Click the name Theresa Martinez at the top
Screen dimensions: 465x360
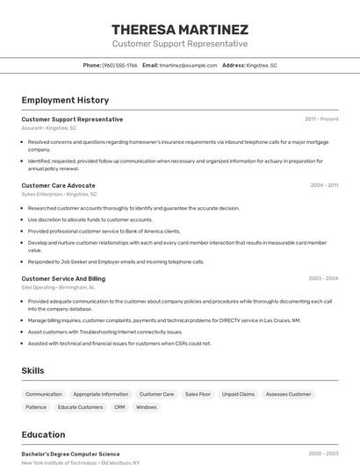180,30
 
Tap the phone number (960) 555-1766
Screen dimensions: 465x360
119,65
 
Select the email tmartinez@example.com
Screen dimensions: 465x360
188,65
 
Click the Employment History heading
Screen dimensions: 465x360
65,100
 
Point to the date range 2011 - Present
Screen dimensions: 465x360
321,119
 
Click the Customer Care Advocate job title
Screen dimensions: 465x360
58,185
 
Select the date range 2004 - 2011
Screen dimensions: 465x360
324,185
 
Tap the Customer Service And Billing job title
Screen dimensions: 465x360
63,278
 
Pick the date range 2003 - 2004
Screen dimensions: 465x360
323,278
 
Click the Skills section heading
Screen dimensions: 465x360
32,371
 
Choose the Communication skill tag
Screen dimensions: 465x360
44,394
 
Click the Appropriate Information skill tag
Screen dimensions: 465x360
100,394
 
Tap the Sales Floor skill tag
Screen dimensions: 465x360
198,394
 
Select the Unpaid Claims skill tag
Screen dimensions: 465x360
238,394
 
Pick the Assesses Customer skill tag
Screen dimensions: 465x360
288,394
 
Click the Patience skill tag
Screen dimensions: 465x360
36,407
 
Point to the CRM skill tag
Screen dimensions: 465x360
119,407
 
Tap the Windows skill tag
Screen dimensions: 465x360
147,407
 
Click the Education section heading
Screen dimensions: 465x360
43,434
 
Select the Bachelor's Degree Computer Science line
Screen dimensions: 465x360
70,454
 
